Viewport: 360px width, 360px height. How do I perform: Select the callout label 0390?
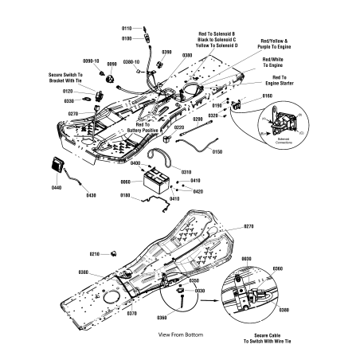coord(166,52)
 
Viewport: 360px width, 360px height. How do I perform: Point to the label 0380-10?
coord(131,61)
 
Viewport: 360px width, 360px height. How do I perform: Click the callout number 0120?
coord(68,92)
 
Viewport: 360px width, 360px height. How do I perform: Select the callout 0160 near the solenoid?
coord(266,96)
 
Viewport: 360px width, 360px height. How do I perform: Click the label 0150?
coord(217,151)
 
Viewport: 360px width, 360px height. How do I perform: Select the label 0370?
coord(132,314)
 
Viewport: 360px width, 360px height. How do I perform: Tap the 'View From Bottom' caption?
coord(180,335)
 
